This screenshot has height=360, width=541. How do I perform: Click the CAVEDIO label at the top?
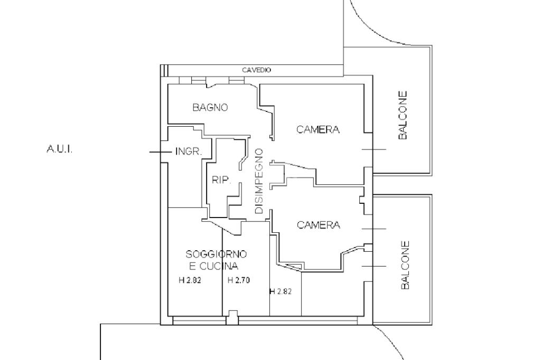click(256, 70)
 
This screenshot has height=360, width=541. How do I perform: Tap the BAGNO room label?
click(210, 108)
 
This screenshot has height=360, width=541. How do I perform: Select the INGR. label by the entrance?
click(188, 152)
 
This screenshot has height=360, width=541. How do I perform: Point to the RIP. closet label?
click(221, 180)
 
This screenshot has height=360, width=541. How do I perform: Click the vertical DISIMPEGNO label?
click(259, 181)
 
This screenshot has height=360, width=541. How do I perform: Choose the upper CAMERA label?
click(318, 129)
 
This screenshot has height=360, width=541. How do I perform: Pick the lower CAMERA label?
click(319, 225)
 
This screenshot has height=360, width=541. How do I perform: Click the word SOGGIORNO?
click(216, 254)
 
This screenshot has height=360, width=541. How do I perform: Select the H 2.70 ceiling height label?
click(238, 280)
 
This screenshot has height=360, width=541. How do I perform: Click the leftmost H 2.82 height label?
click(190, 280)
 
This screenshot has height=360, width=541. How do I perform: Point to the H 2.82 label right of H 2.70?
click(281, 291)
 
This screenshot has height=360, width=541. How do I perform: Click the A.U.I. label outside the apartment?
click(60, 149)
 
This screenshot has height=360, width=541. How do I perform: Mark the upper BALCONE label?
click(403, 115)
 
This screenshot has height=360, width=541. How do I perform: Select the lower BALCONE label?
click(405, 266)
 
